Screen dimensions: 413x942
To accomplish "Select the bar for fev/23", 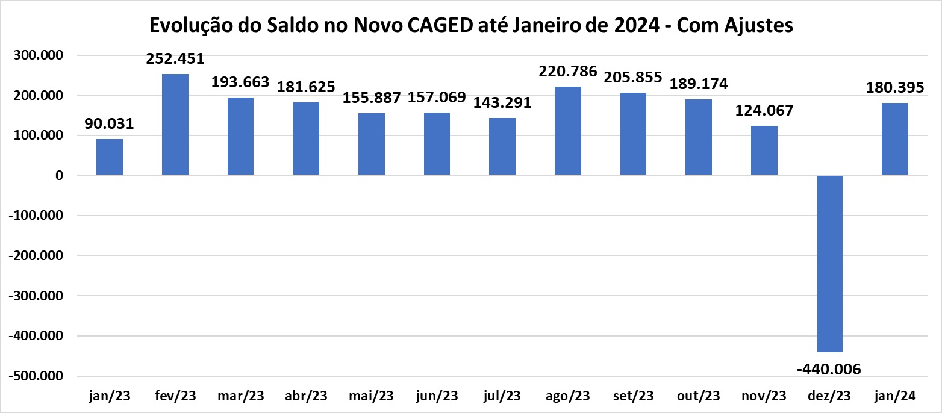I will [175, 125].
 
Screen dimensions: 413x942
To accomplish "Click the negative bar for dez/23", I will [829, 264].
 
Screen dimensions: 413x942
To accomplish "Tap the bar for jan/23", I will [110, 157].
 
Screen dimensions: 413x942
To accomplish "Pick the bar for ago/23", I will [568, 131].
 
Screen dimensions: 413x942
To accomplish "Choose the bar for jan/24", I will [895, 139].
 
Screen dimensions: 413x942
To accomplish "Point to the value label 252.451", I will [175, 59].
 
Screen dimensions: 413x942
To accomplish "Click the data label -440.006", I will [829, 368].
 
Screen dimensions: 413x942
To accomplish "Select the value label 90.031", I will [109, 124].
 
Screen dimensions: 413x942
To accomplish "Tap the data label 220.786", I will [568, 72].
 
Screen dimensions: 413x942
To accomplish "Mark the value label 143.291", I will [502, 102].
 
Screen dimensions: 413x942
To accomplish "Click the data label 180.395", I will [895, 87].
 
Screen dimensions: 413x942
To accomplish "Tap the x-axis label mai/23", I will [371, 396].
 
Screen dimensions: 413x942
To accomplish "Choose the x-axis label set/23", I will [633, 396].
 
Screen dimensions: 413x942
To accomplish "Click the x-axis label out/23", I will [699, 396].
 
